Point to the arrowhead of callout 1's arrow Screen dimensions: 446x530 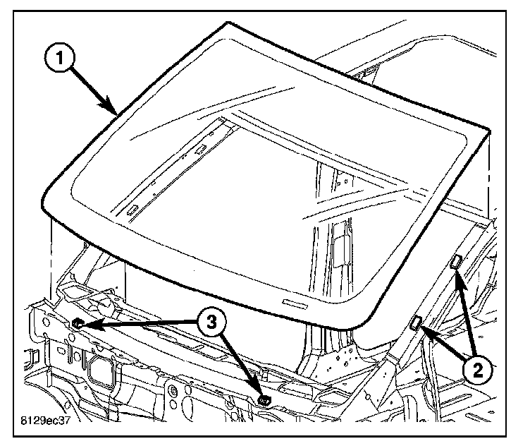click(116, 112)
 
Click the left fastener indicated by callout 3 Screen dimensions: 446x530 click(78, 323)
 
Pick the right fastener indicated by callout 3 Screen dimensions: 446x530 click(266, 399)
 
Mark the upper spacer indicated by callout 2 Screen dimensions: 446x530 click(455, 263)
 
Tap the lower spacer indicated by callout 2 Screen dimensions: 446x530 click(417, 323)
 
